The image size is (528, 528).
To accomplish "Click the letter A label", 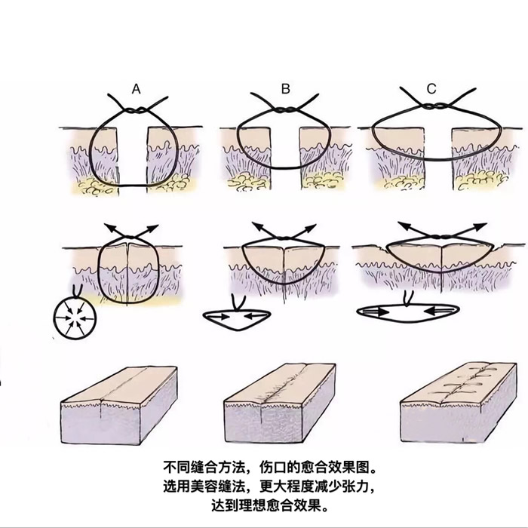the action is click(136, 89).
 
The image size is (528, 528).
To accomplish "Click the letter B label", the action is click(286, 89).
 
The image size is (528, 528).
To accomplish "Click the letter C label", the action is click(431, 89).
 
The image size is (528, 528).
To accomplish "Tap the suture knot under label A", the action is click(137, 110).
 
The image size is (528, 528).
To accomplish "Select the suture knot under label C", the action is click(432, 106).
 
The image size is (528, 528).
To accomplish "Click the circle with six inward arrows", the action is click(75, 318).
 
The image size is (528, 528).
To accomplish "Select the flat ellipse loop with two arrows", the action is click(408, 312).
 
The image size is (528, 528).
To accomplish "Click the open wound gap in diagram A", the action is click(132, 156).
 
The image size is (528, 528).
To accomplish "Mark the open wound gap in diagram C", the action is click(437, 158).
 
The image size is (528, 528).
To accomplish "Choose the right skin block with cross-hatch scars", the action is click(459, 402).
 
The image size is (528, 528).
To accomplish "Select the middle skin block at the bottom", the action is click(280, 403).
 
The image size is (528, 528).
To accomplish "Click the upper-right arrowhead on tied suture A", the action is click(152, 228).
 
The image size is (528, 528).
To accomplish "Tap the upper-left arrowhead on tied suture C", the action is click(404, 226).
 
